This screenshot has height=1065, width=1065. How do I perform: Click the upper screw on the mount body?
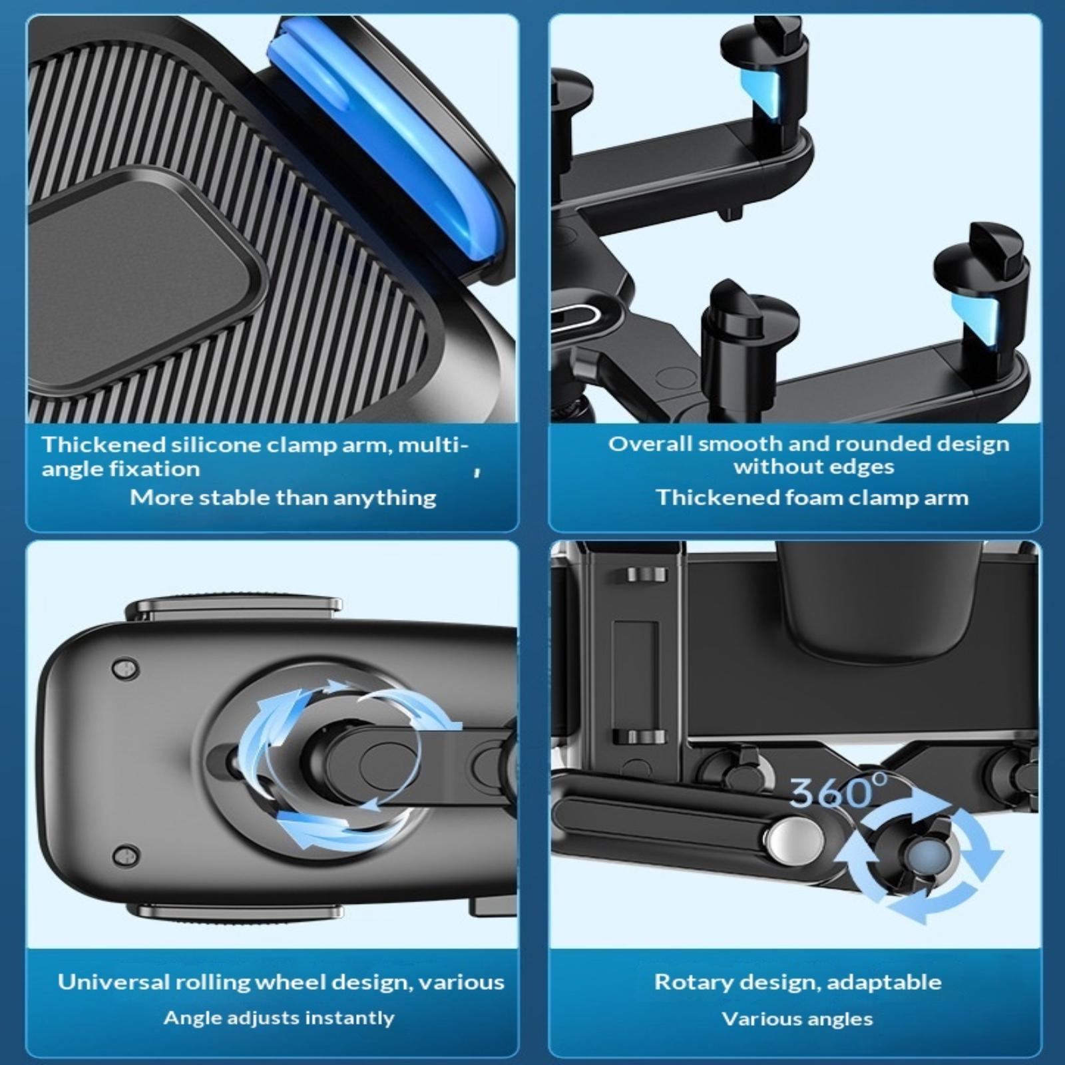pyautogui.click(x=124, y=668)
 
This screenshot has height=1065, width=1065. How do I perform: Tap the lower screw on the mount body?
pyautogui.click(x=124, y=855)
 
